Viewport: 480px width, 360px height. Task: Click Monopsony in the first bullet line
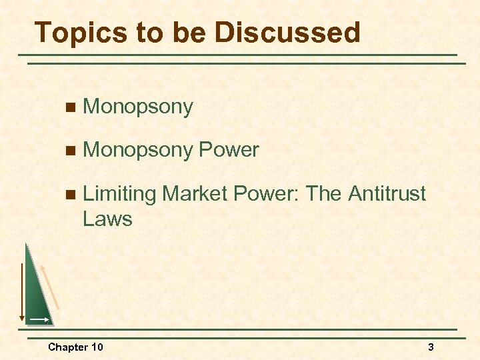coord(138,107)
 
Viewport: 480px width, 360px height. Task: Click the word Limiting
coord(119,194)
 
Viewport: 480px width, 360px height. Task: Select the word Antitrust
coord(387,193)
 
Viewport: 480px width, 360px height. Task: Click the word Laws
coord(107,218)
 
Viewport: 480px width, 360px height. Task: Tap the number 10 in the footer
coord(97,347)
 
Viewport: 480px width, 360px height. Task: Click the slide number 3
coord(431,347)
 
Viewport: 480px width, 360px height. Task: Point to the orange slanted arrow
coord(51,287)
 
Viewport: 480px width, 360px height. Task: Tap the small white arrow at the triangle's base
coord(41,320)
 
